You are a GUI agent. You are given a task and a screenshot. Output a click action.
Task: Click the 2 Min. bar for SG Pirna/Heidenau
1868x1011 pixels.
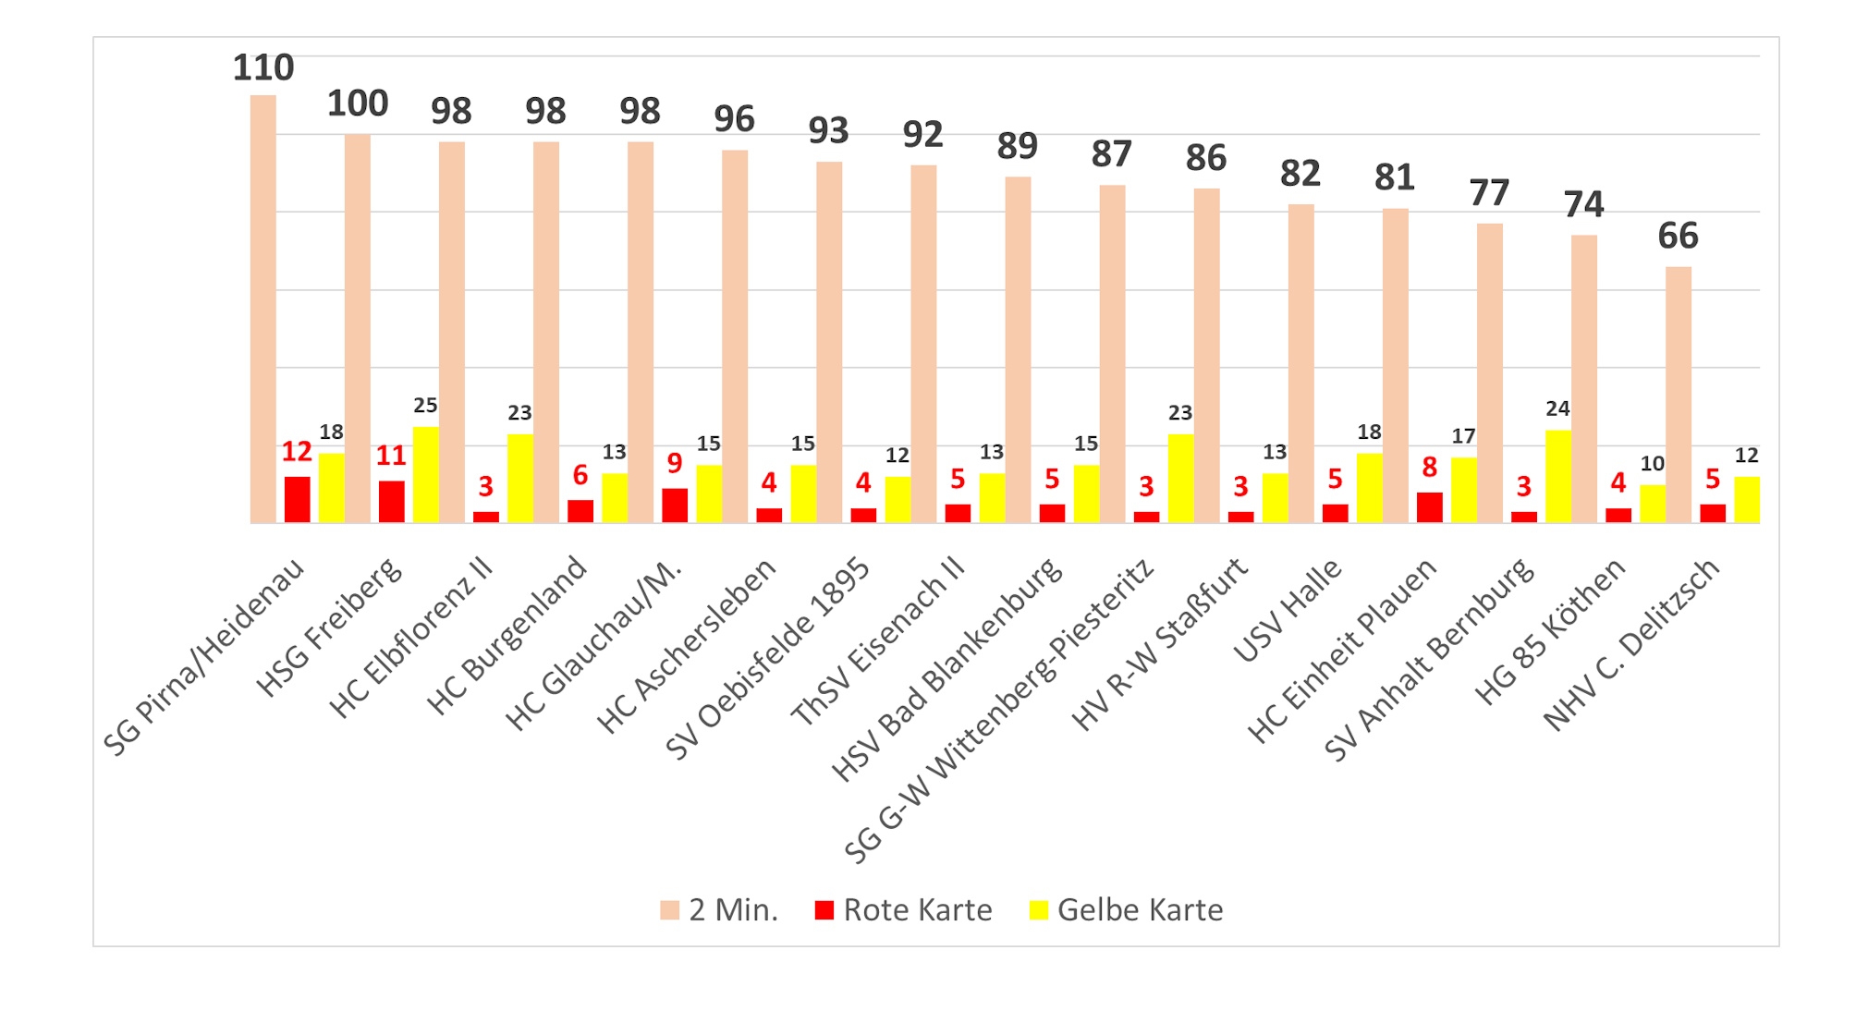click(x=263, y=309)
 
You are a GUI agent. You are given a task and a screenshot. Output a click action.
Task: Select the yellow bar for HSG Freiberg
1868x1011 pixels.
click(x=426, y=475)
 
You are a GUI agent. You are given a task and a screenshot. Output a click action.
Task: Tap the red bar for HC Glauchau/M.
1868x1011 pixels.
click(x=675, y=505)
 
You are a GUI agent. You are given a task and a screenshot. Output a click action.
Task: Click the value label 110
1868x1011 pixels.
click(x=263, y=68)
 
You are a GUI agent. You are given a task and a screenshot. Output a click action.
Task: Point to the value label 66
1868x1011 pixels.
click(x=1678, y=237)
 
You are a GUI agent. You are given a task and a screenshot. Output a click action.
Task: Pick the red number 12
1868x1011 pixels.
click(x=297, y=452)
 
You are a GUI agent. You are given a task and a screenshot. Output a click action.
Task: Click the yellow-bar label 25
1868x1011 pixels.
click(x=425, y=406)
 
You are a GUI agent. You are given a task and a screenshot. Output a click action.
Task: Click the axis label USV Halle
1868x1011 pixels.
click(x=1287, y=612)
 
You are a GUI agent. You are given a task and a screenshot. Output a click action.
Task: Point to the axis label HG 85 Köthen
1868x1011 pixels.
click(x=1550, y=632)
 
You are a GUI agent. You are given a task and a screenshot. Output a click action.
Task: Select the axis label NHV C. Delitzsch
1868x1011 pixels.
click(x=1632, y=645)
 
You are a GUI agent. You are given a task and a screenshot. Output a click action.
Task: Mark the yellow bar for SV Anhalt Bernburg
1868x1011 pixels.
click(x=1558, y=477)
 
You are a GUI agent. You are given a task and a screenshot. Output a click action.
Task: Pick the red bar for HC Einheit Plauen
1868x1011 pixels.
click(x=1429, y=507)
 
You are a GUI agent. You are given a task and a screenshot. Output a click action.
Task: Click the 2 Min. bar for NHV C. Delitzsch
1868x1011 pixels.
click(x=1679, y=395)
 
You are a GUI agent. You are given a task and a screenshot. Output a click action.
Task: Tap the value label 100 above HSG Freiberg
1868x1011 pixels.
click(x=358, y=104)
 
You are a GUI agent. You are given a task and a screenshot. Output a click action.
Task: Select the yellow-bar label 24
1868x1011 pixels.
click(x=1557, y=408)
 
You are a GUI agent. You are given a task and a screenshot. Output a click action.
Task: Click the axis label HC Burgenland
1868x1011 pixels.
click(x=507, y=637)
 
